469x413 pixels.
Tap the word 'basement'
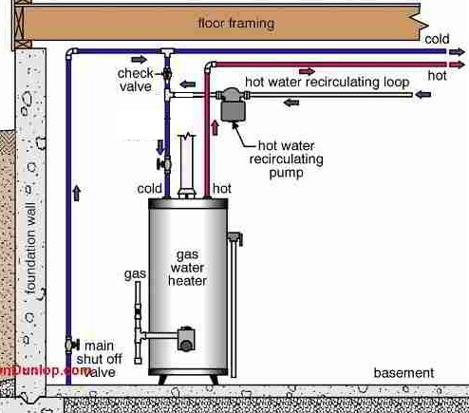pos(403,372)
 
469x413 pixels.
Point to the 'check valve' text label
pos(136,79)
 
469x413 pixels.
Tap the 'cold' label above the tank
pos(149,189)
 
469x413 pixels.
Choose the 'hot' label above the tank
pos(222,189)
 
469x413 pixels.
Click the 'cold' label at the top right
pos(437,39)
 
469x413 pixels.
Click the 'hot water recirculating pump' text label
pos(290,159)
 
